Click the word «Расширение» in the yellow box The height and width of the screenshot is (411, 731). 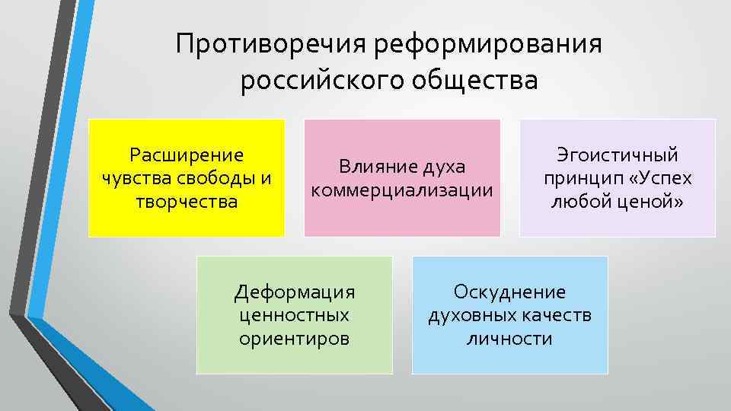[187, 155]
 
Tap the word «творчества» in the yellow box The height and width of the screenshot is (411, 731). [187, 202]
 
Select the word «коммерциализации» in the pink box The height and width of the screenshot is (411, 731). [401, 189]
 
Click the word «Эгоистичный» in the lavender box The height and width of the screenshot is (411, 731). [618, 155]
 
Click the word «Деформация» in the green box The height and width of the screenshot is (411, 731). [295, 292]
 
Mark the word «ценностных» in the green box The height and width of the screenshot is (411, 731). [295, 314]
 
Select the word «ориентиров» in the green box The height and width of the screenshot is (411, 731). [295, 338]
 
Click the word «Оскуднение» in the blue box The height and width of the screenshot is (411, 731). [510, 292]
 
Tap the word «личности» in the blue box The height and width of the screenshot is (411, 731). [510, 338]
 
